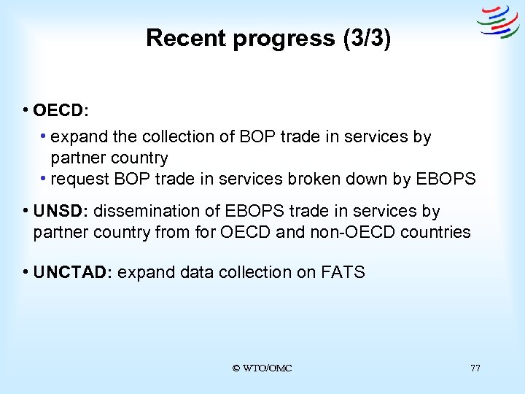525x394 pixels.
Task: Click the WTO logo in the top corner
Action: (x=498, y=21)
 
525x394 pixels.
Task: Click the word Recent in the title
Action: (x=186, y=38)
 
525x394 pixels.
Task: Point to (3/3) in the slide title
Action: (x=366, y=38)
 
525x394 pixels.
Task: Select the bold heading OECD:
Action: (x=61, y=111)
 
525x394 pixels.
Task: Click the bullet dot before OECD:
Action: (x=26, y=111)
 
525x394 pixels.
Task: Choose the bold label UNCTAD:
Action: (x=72, y=273)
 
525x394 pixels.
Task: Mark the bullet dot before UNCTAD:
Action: (x=26, y=273)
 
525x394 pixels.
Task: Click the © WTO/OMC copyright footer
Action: (x=262, y=368)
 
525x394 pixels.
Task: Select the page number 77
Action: (x=475, y=368)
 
